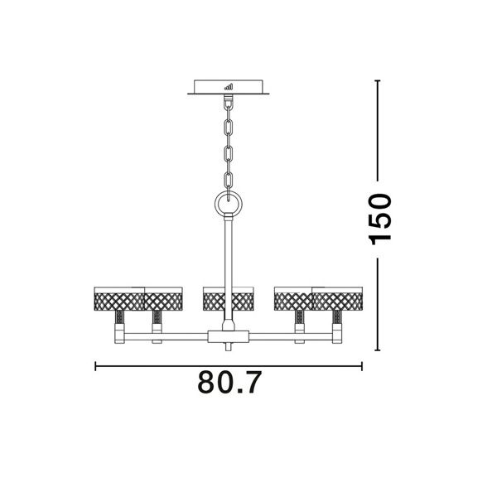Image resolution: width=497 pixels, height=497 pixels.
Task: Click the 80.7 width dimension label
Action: [229, 382]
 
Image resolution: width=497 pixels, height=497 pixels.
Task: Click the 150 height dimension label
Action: [380, 220]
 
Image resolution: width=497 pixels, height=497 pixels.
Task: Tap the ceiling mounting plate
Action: [229, 87]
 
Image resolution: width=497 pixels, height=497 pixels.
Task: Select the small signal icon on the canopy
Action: [229, 86]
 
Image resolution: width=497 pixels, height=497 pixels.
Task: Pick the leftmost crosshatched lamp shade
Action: [119, 299]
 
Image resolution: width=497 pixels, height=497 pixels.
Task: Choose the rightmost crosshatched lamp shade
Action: [337, 299]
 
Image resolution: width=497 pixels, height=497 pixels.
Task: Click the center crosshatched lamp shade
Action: [229, 299]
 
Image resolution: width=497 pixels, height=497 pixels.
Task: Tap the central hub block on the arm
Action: [229, 336]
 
